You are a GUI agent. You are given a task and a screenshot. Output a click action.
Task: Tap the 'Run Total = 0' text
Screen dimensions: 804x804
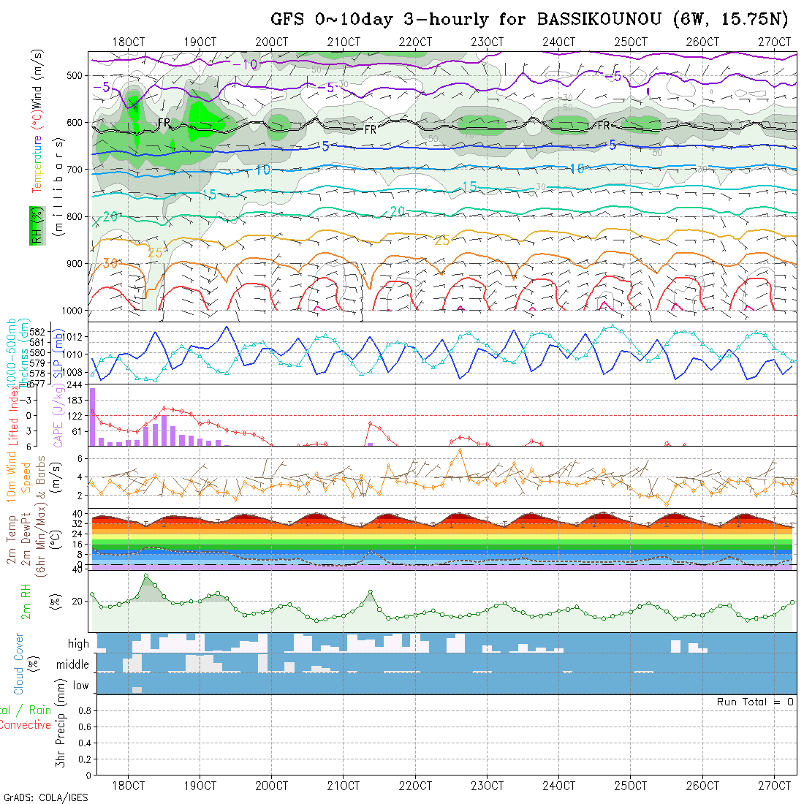(x=755, y=702)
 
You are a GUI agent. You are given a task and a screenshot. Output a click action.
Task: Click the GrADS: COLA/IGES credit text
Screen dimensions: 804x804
(x=45, y=797)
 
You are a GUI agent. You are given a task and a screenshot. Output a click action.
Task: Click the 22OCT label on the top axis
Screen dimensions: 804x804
(x=415, y=42)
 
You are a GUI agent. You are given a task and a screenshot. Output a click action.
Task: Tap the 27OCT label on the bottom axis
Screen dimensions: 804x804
(x=774, y=786)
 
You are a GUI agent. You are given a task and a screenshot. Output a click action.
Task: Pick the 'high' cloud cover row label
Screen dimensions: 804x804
(x=78, y=644)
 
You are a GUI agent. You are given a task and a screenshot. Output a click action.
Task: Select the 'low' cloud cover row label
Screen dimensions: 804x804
(x=80, y=686)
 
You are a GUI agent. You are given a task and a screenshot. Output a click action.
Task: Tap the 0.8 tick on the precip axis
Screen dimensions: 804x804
(x=83, y=710)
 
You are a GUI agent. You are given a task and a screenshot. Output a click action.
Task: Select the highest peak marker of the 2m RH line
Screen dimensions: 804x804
(x=145, y=576)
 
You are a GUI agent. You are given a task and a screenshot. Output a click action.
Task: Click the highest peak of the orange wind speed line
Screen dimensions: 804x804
(x=460, y=450)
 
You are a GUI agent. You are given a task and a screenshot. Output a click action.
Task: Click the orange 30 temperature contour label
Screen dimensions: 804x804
(x=110, y=263)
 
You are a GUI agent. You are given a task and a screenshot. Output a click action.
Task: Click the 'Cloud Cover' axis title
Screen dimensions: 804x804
(x=18, y=664)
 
